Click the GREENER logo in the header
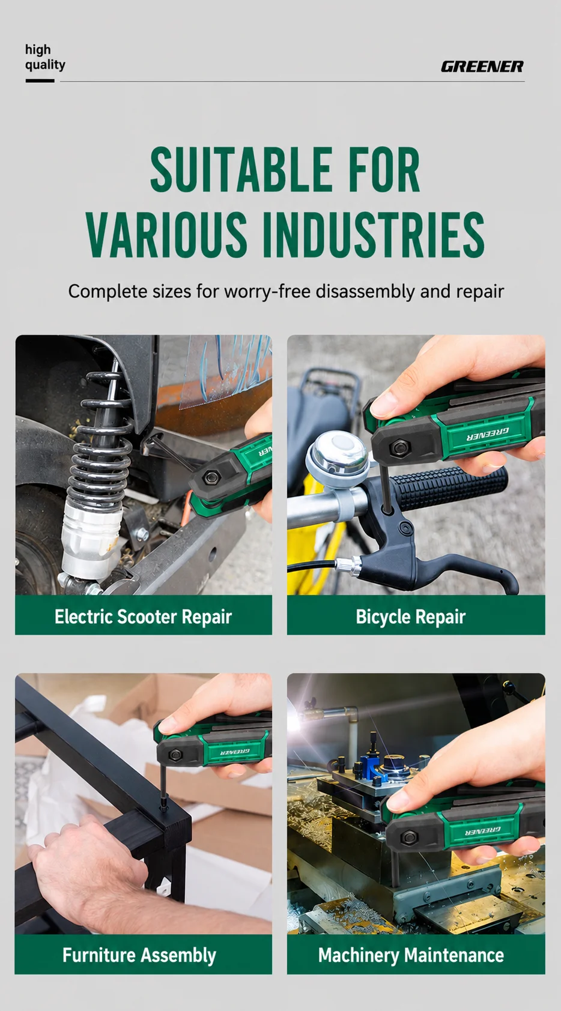pyautogui.click(x=482, y=67)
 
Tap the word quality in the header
pyautogui.click(x=44, y=65)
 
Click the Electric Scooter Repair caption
pyautogui.click(x=143, y=617)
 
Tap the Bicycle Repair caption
pyautogui.click(x=411, y=617)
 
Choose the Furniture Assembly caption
pyautogui.click(x=139, y=955)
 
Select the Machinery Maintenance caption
pyautogui.click(x=411, y=955)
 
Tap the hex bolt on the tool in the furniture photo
pyautogui.click(x=174, y=754)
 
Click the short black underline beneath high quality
pyautogui.click(x=40, y=81)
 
